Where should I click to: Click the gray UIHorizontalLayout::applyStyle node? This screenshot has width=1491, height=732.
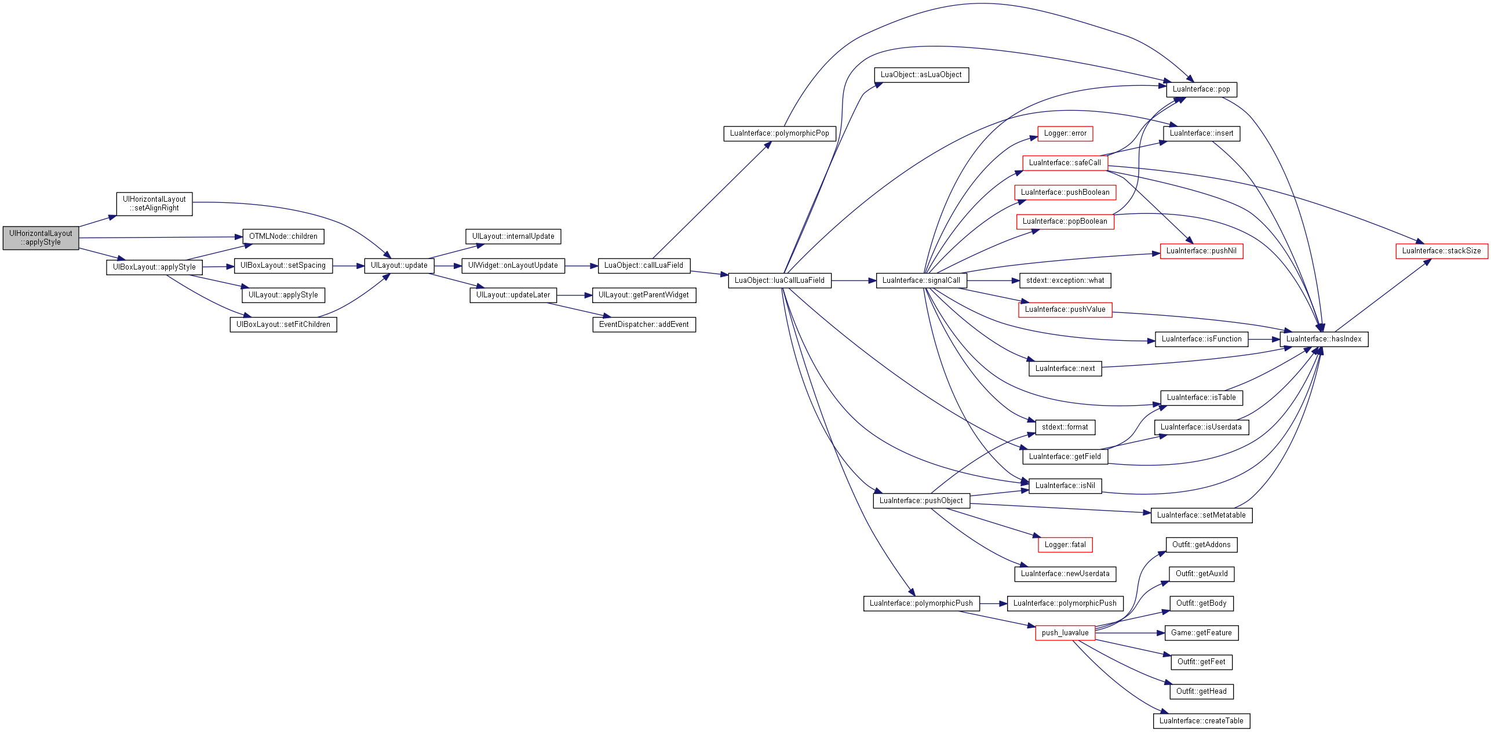click(x=41, y=238)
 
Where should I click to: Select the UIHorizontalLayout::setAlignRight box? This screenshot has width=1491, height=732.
click(x=154, y=204)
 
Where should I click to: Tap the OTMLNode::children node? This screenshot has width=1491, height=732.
click(x=283, y=236)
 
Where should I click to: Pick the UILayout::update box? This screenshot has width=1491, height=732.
click(x=399, y=265)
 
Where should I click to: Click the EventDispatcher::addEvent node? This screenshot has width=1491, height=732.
click(x=644, y=325)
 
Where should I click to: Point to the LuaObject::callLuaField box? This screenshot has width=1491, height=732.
click(x=644, y=265)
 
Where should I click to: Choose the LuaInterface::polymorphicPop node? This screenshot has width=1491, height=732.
click(x=779, y=133)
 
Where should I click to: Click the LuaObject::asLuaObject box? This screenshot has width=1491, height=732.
click(x=921, y=75)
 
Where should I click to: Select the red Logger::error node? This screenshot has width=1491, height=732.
click(x=1065, y=133)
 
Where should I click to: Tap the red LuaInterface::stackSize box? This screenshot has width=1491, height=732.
click(x=1442, y=251)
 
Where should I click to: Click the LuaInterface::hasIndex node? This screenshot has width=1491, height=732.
click(x=1324, y=339)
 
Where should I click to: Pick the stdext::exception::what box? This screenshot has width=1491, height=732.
click(x=1065, y=281)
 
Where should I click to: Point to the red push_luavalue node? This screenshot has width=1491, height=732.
click(x=1065, y=633)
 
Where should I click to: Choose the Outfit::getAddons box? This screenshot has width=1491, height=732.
click(x=1201, y=545)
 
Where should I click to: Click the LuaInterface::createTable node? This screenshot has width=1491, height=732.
click(x=1201, y=721)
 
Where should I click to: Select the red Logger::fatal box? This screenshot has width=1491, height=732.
click(x=1065, y=545)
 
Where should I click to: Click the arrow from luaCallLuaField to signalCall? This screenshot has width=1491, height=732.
click(x=854, y=281)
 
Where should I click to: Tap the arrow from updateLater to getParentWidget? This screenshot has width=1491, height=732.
click(x=574, y=296)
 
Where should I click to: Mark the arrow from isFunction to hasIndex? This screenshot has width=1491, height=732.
click(x=1264, y=339)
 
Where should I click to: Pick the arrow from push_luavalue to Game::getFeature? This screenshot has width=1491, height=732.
click(x=1130, y=633)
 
